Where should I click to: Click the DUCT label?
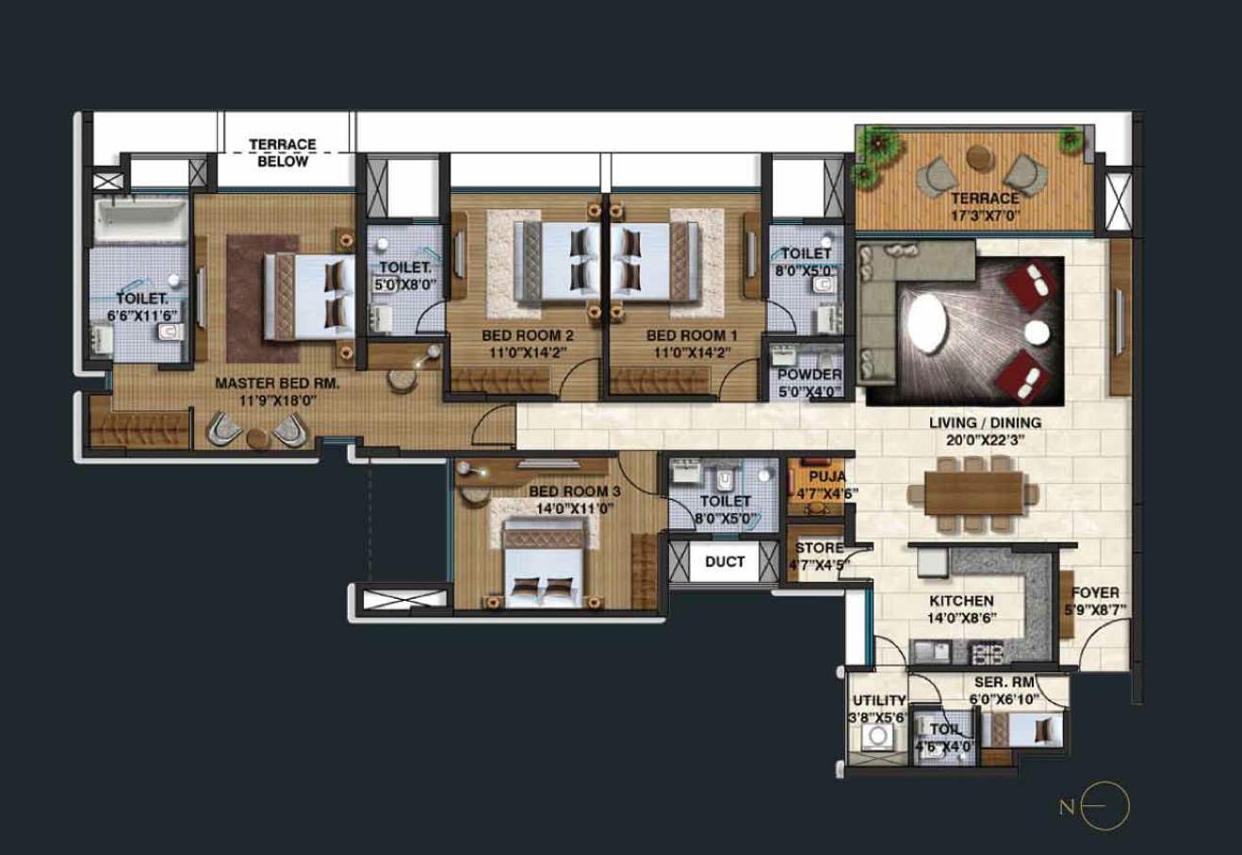click(725, 562)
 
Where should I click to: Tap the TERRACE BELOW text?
click(283, 153)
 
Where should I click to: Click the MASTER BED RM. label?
click(277, 383)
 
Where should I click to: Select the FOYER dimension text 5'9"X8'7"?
click(1095, 609)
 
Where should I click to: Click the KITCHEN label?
click(961, 601)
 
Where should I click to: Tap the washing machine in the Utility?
click(879, 734)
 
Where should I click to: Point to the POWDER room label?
click(809, 375)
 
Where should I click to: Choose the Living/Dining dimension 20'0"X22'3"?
click(985, 440)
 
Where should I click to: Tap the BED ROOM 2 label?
click(527, 335)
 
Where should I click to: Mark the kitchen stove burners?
click(987, 651)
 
